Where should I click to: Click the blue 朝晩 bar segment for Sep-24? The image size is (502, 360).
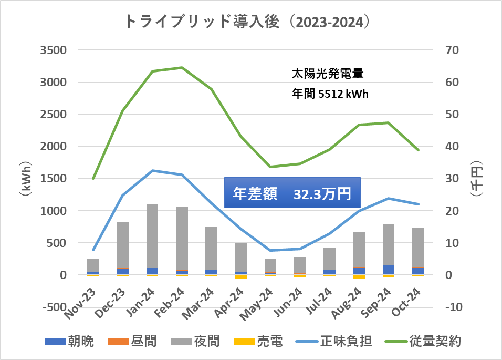coord(389,270)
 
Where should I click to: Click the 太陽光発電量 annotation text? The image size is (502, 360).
coord(328,74)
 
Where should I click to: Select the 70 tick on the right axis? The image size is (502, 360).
coord(453,50)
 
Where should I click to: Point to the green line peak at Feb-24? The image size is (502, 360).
coord(182,67)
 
